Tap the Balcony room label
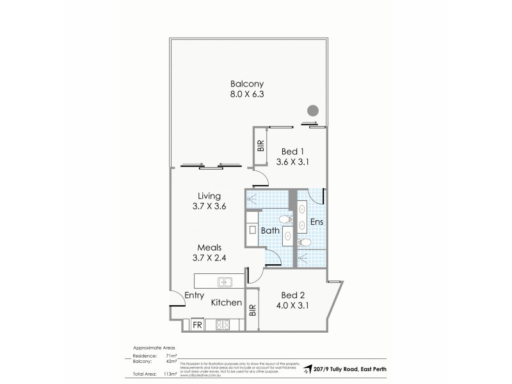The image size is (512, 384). point(247,84)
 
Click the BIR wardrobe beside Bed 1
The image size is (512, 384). point(260,146)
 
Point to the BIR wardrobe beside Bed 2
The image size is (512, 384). point(252,310)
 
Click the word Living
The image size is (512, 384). point(209,196)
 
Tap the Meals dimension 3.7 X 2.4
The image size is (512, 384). point(209,259)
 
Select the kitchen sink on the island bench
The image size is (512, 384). point(225,281)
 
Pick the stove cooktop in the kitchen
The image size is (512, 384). point(223,324)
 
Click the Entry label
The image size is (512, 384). point(194,295)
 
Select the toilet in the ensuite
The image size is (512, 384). point(305,242)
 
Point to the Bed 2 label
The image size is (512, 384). point(292,295)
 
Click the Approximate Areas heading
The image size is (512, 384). point(153,348)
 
